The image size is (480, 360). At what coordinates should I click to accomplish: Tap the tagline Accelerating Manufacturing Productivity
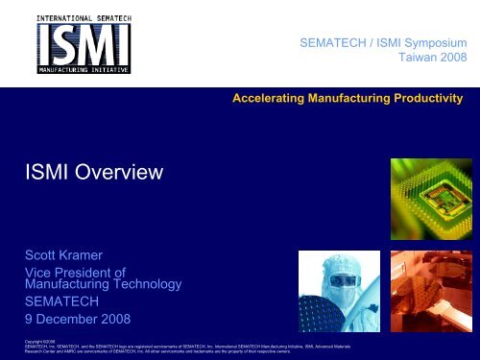[x=348, y=99]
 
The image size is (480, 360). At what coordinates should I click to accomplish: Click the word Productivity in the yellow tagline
[x=428, y=99]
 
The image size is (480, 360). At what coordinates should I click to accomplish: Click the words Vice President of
[x=76, y=274]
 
